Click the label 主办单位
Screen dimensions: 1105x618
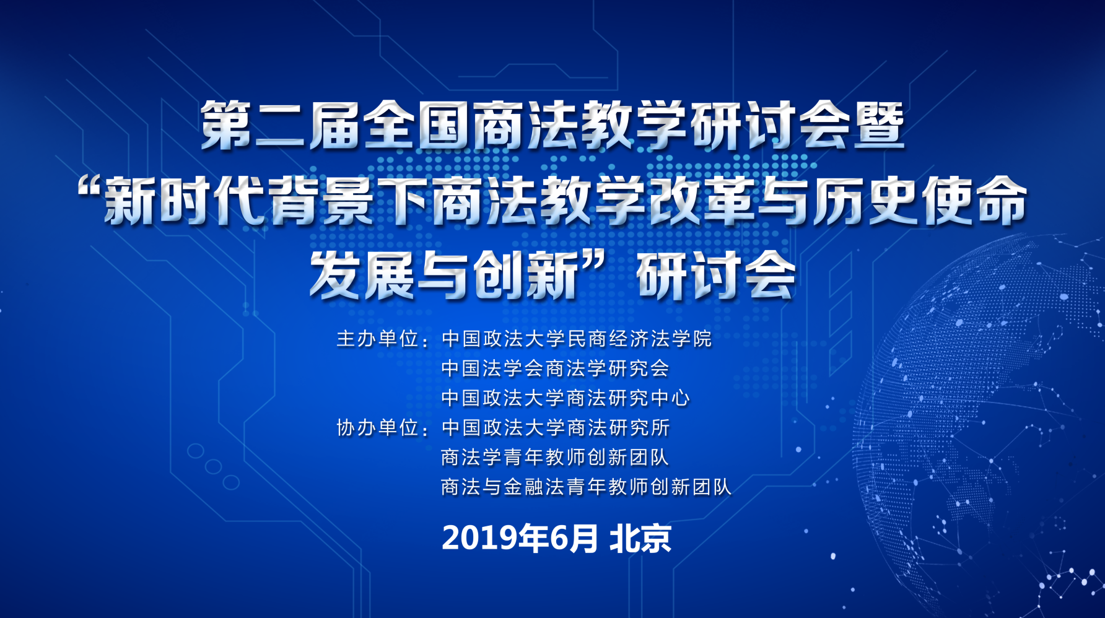coord(377,339)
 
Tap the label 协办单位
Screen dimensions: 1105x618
coord(377,427)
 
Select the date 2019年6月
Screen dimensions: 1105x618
coord(520,538)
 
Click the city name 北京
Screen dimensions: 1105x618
coord(640,538)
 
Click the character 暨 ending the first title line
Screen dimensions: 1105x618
coord(880,126)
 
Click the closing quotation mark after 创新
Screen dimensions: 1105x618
coord(593,263)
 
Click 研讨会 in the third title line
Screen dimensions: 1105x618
coord(716,275)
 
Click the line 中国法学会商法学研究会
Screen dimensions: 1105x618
coord(555,368)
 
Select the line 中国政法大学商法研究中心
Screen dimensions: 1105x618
coord(566,398)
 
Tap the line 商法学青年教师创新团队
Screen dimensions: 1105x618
coord(555,457)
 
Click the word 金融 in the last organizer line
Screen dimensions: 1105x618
coord(523,487)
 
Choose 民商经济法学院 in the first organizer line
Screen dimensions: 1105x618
coord(639,339)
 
